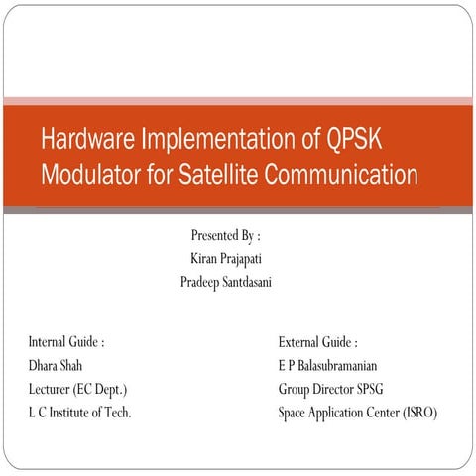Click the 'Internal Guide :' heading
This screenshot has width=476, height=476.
click(x=66, y=342)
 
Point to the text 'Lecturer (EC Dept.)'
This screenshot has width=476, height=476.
click(x=77, y=389)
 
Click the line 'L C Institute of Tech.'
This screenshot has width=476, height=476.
click(x=79, y=412)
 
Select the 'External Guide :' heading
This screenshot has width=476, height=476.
click(x=318, y=342)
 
